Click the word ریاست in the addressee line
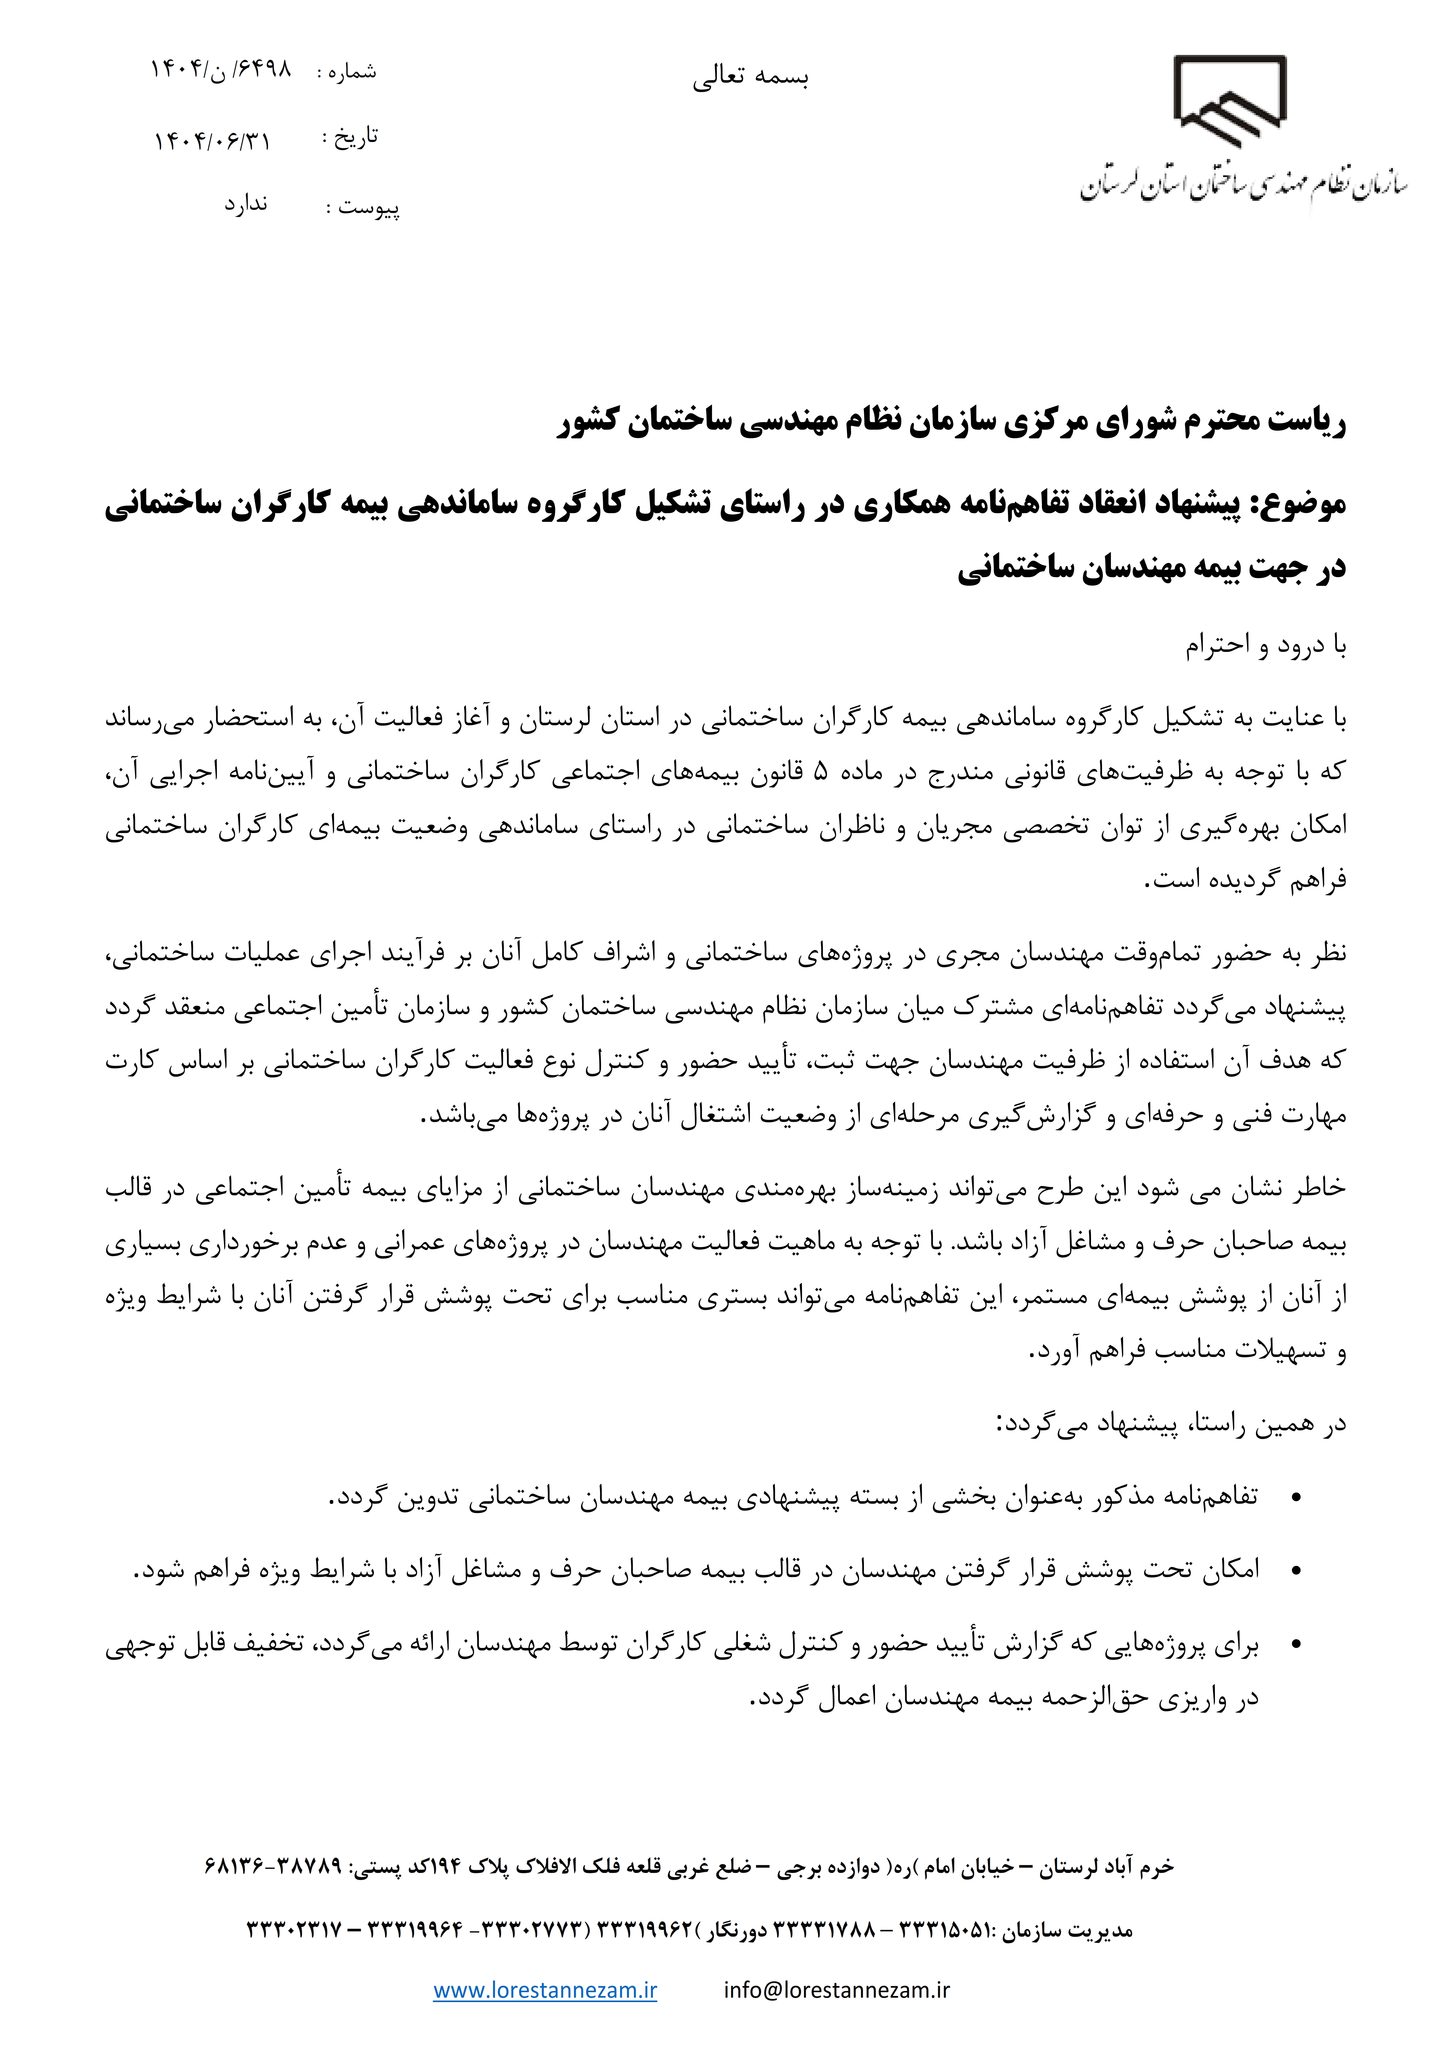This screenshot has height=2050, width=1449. tap(1309, 421)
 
